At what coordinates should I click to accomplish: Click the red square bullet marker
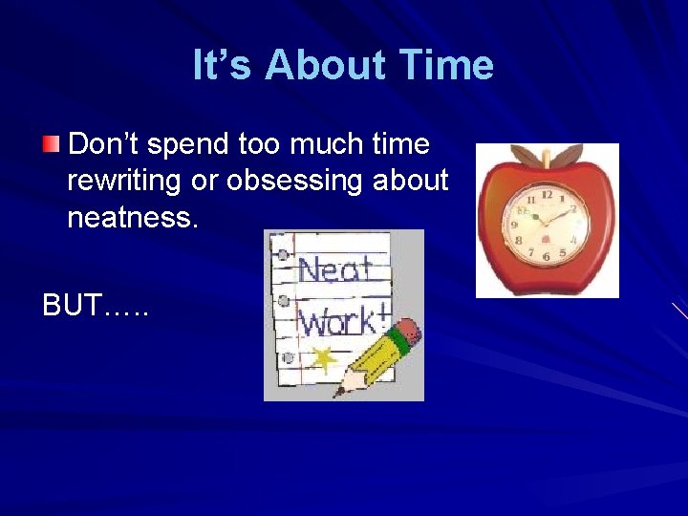tap(51, 145)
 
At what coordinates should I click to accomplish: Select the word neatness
tap(133, 219)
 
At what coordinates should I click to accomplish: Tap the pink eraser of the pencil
tap(407, 331)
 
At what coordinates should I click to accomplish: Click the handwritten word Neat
tap(334, 270)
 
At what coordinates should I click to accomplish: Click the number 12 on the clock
tap(547, 194)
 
